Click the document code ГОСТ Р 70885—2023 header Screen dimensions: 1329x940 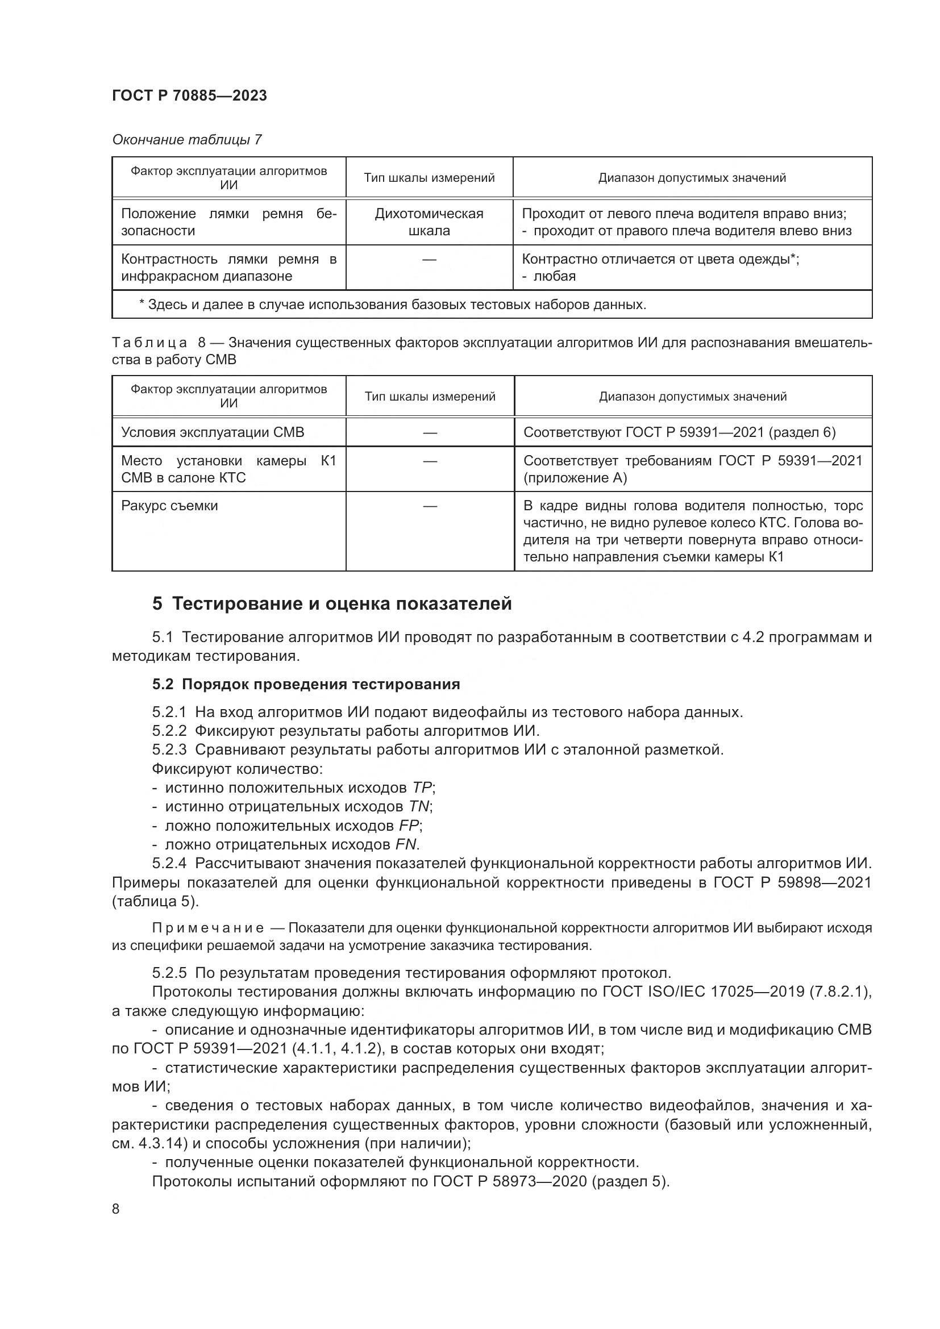pyautogui.click(x=189, y=95)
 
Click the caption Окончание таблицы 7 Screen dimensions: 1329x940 pyautogui.click(x=186, y=140)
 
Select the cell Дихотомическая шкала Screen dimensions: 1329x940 pyautogui.click(x=429, y=222)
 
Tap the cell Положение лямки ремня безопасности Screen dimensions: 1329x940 pyautogui.click(x=228, y=222)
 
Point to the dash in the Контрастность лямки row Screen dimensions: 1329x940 pyautogui.click(x=429, y=260)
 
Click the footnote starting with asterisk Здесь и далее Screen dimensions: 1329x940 pyautogui.click(x=393, y=305)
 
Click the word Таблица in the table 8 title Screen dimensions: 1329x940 pyautogui.click(x=149, y=343)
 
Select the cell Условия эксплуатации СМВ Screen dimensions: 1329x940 pyautogui.click(x=213, y=432)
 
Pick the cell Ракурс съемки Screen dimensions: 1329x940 pyautogui.click(x=169, y=506)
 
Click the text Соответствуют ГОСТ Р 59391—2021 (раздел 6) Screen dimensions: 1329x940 pyautogui.click(x=679, y=432)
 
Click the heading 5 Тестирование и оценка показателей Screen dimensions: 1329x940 pyautogui.click(x=332, y=604)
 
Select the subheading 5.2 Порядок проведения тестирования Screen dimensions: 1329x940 pyautogui.click(x=306, y=684)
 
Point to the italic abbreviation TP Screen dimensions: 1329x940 pyautogui.click(x=422, y=788)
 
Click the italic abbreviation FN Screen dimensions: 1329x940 pyautogui.click(x=406, y=844)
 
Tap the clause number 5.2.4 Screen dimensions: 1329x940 pyautogui.click(x=169, y=864)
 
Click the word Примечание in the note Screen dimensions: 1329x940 pyautogui.click(x=208, y=928)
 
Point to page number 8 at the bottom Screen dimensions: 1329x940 pyautogui.click(x=116, y=1209)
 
